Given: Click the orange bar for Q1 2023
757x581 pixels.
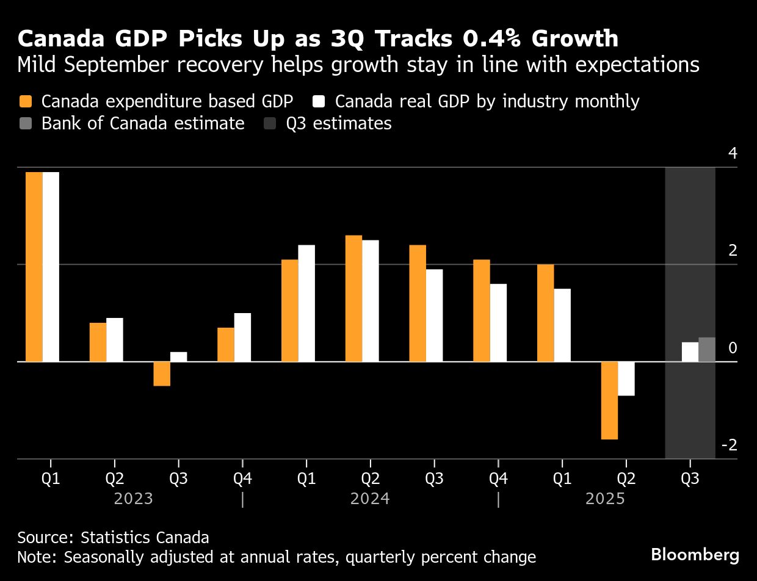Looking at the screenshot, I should point(34,267).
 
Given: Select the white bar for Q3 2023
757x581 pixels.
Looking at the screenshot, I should point(178,356).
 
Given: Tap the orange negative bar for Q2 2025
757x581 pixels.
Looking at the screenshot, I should point(609,400).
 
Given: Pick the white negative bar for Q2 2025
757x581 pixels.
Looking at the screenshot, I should point(626,378).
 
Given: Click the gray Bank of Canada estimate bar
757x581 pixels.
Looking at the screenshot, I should point(707,350).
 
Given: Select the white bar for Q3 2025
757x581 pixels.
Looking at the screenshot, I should point(690,352).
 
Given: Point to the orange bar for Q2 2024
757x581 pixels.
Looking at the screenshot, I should point(353,298).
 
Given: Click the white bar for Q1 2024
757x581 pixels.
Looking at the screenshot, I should point(306,303).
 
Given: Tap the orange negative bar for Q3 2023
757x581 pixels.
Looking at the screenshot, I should point(162,374).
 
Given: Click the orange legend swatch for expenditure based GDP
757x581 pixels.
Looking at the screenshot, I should point(25,101).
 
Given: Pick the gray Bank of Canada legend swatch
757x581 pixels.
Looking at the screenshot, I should point(25,123).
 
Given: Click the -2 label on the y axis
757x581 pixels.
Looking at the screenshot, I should point(730,445).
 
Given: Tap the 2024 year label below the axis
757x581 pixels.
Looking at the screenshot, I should point(370,499).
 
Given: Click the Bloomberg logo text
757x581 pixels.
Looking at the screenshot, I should point(695,555).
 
